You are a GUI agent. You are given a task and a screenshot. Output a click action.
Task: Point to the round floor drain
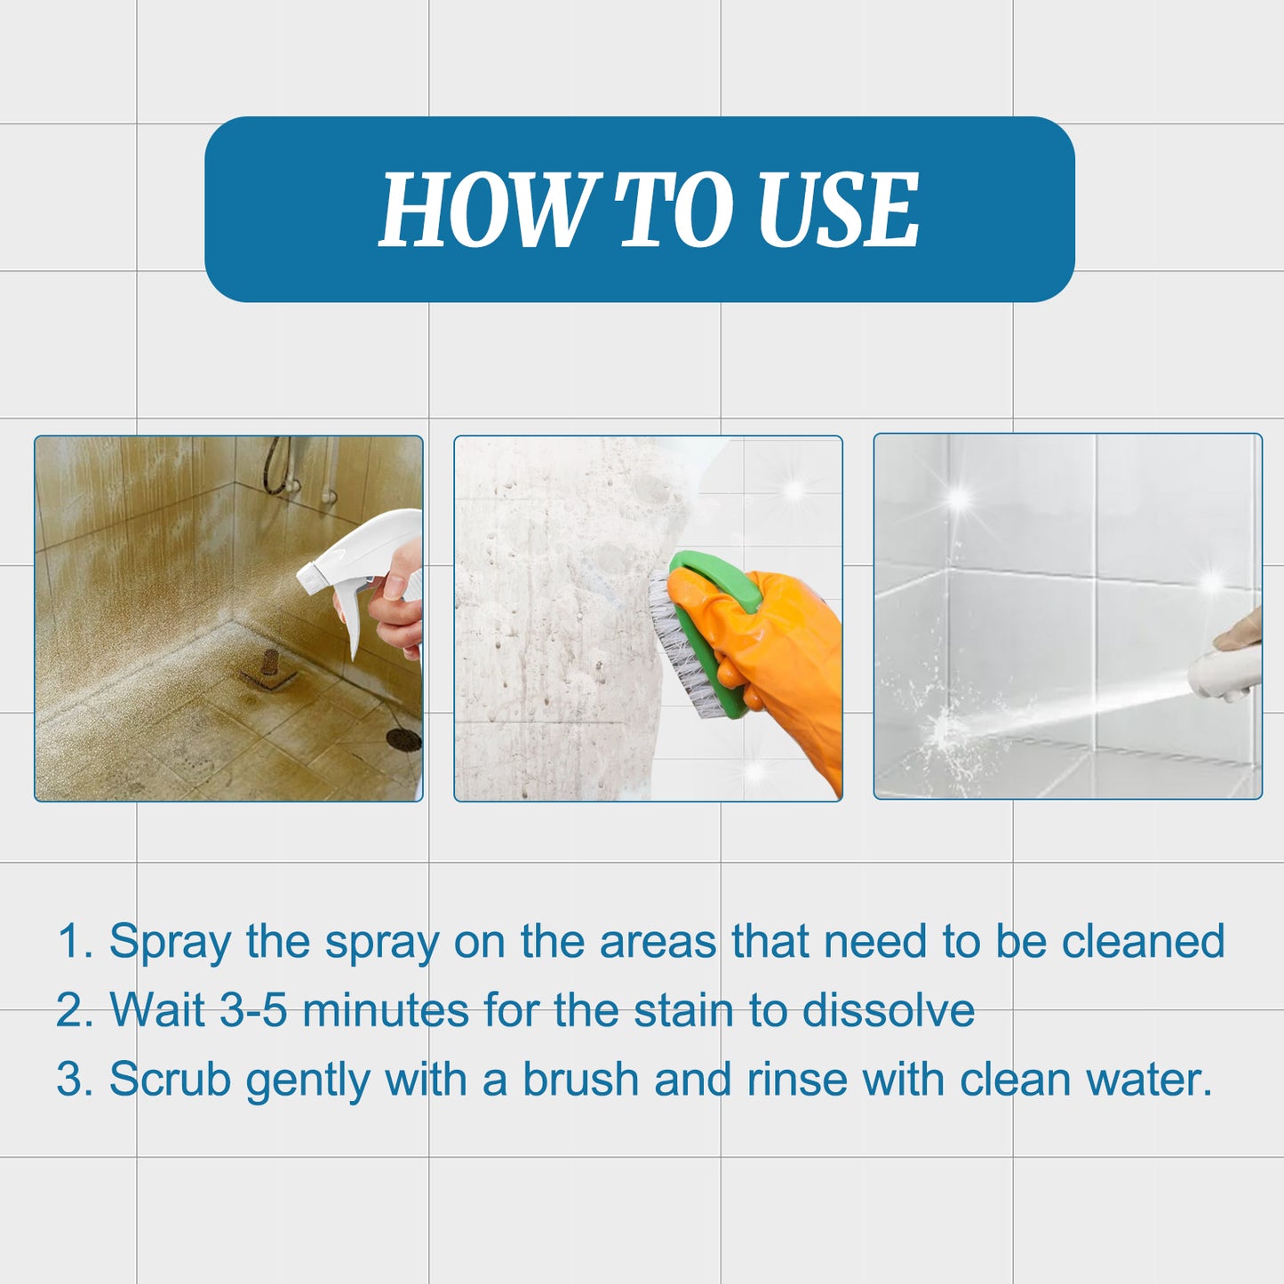(403, 738)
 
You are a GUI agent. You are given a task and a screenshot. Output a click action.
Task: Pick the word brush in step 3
(580, 1081)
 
